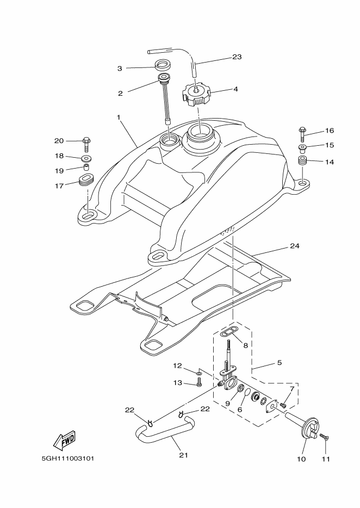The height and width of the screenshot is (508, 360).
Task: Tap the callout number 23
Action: [237, 57]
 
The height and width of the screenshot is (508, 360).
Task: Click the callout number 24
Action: [294, 246]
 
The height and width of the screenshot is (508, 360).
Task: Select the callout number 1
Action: [118, 117]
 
